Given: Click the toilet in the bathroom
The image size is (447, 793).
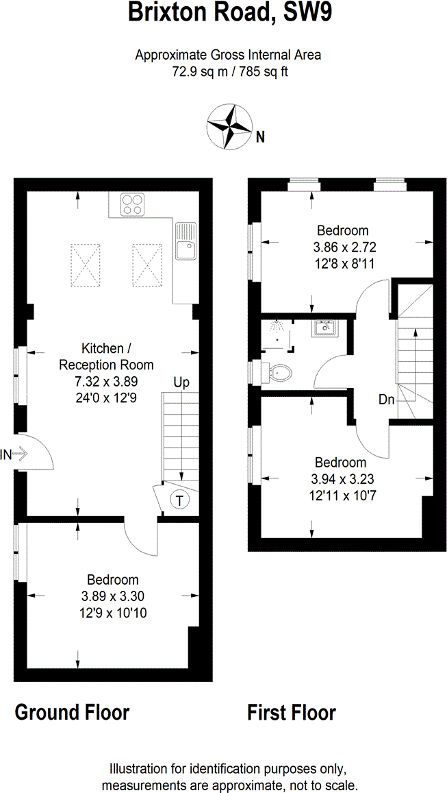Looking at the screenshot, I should [x=280, y=374].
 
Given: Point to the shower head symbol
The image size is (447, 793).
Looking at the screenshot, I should [x=277, y=328].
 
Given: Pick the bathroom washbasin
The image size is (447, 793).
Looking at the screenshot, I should [x=324, y=328].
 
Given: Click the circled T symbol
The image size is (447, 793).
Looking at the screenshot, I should [x=179, y=500].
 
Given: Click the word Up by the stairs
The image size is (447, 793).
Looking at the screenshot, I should [x=181, y=382].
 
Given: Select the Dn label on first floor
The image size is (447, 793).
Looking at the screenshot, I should [x=386, y=400].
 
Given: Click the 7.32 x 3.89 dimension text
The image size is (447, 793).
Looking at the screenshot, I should [x=107, y=381].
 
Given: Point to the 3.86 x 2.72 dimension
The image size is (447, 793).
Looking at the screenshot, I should [x=345, y=247].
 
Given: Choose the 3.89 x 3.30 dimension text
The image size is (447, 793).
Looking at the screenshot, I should [x=112, y=596].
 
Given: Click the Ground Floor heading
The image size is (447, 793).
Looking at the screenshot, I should [x=72, y=712].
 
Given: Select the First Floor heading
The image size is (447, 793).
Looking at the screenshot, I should [x=292, y=712].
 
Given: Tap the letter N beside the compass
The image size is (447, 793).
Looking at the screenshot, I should [x=260, y=137].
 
